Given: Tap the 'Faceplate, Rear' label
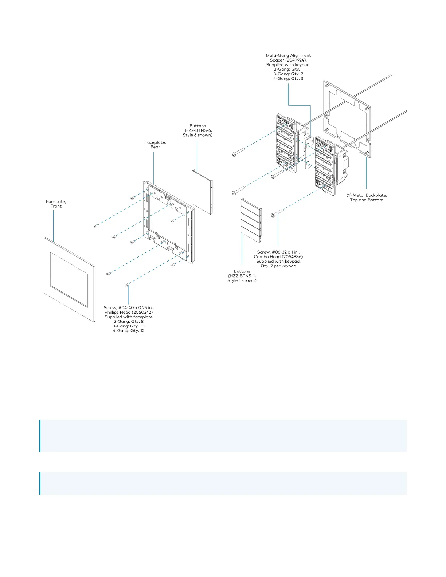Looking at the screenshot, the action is pyautogui.click(x=155, y=145).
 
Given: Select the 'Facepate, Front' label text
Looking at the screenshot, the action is pyautogui.click(x=56, y=204).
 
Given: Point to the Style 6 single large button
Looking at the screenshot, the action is pyautogui.click(x=202, y=191).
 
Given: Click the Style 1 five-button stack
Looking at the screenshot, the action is pyautogui.click(x=251, y=221).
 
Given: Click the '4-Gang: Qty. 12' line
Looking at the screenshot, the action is pyautogui.click(x=129, y=331).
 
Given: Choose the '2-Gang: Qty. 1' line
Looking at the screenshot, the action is pyautogui.click(x=288, y=69).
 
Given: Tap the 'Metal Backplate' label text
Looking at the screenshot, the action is pyautogui.click(x=369, y=195).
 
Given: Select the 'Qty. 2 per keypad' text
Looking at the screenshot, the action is pyautogui.click(x=278, y=266).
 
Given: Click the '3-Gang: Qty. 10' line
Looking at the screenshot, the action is pyautogui.click(x=129, y=326).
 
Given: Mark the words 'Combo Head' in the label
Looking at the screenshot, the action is pyautogui.click(x=267, y=257).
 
